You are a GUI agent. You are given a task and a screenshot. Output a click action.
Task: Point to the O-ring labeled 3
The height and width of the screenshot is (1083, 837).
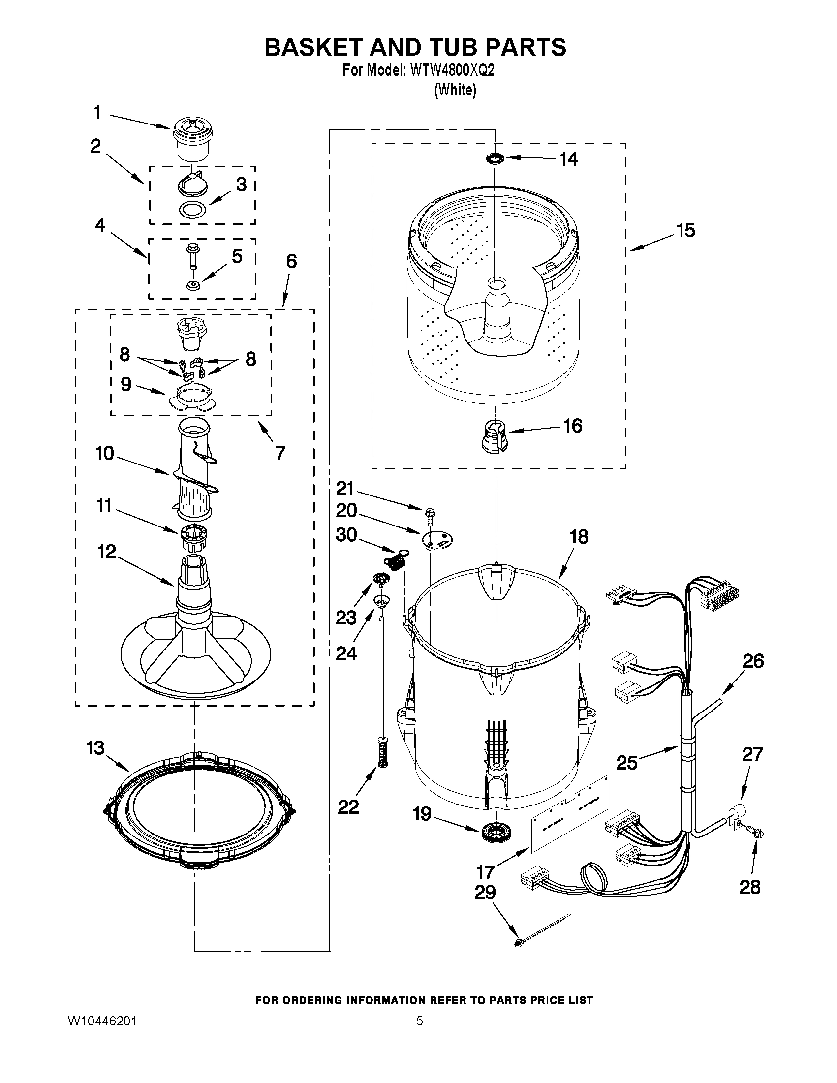click(192, 210)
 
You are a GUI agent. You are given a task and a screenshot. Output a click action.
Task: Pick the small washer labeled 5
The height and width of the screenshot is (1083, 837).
click(192, 286)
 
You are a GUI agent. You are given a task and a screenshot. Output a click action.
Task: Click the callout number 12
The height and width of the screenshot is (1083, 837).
click(107, 552)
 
